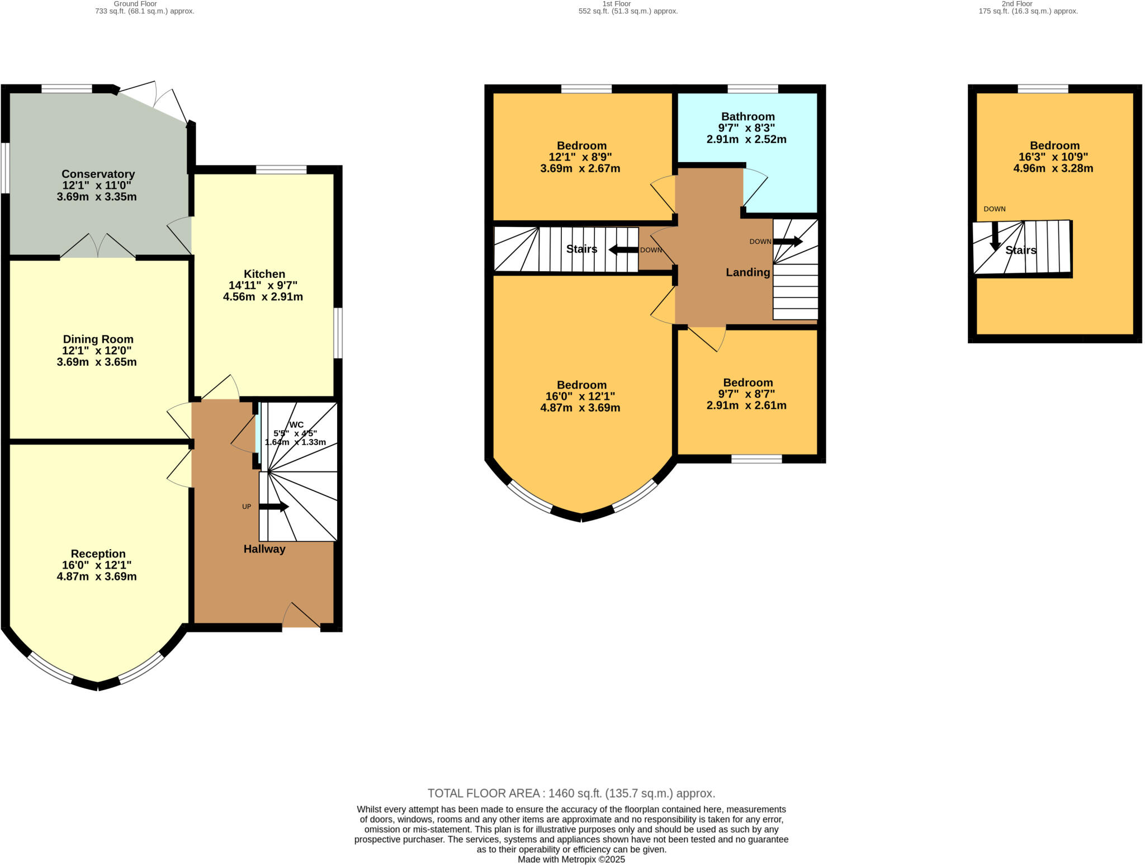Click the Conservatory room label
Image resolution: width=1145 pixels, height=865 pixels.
point(98,174)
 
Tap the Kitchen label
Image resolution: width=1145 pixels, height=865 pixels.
point(264,274)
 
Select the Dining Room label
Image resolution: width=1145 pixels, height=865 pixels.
point(98,339)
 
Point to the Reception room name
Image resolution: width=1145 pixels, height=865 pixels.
point(98,554)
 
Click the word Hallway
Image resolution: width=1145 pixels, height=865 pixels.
point(264,549)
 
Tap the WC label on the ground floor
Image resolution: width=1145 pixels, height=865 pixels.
point(296,424)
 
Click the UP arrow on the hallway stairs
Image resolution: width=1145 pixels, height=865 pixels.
point(274,507)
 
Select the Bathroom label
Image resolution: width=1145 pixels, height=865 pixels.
point(748,116)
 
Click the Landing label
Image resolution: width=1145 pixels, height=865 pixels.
point(748,272)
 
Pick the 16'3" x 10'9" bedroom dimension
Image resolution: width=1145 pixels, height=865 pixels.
point(1053,157)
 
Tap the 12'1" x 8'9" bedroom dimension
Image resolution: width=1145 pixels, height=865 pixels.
point(580,157)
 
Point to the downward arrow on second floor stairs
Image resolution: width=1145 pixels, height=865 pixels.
point(995,236)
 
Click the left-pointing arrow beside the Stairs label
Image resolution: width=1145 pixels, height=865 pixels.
point(623,250)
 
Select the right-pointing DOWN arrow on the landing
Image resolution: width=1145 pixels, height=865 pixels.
point(788,242)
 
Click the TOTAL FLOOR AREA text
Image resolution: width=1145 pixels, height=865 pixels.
point(571,793)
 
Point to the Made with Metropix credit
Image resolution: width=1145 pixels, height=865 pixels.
point(571,859)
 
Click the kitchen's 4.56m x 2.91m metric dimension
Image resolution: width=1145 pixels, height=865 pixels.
point(263,297)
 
